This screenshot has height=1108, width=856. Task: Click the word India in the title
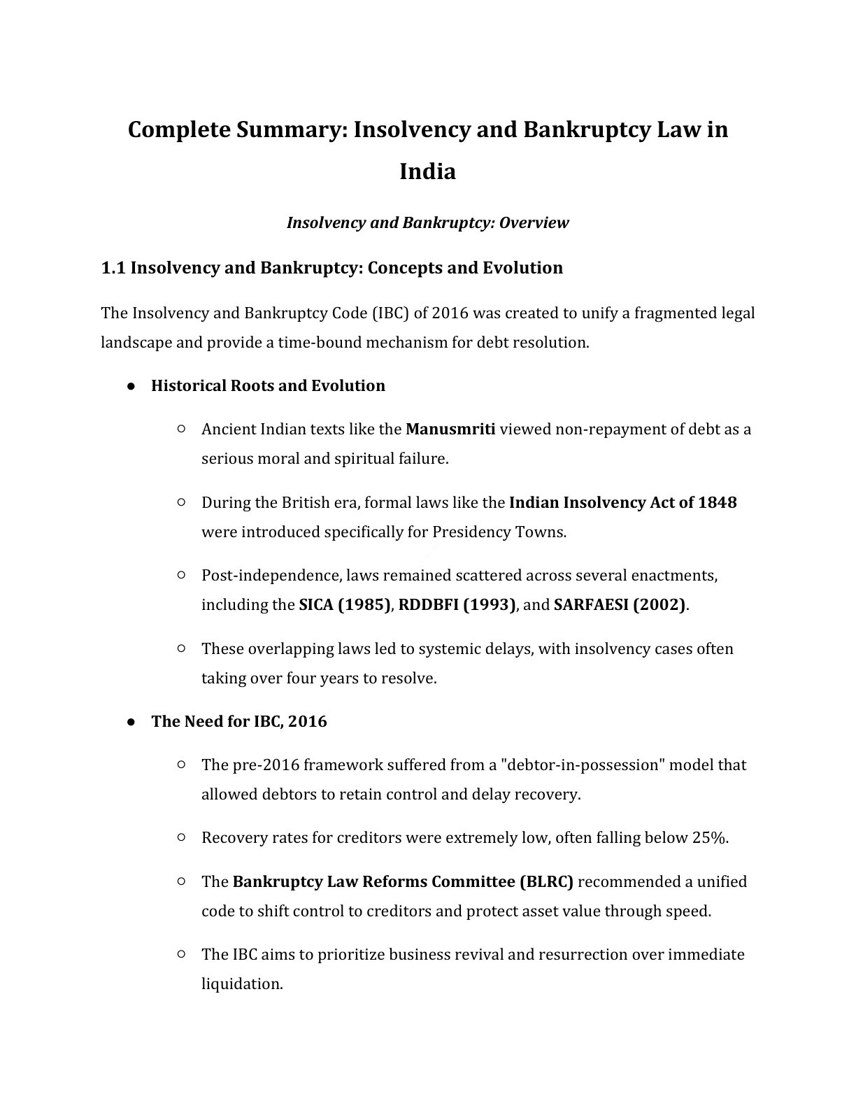pyautogui.click(x=427, y=171)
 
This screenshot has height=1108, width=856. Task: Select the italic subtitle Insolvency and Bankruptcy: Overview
pyautogui.click(x=427, y=223)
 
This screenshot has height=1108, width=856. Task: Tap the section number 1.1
pyautogui.click(x=113, y=268)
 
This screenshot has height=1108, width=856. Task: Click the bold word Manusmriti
pyautogui.click(x=450, y=429)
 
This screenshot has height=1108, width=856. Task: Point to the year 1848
pyautogui.click(x=717, y=502)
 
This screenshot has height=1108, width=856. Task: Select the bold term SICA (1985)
pyautogui.click(x=344, y=604)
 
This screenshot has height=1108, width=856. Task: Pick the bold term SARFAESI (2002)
pyautogui.click(x=620, y=604)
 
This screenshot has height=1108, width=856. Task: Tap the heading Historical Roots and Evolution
pyautogui.click(x=268, y=386)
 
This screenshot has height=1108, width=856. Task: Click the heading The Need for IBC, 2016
pyautogui.click(x=238, y=721)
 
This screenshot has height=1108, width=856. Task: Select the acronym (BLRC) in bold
pyautogui.click(x=546, y=881)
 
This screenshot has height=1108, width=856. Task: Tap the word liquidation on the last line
pyautogui.click(x=241, y=984)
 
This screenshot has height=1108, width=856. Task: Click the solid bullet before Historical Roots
pyautogui.click(x=131, y=386)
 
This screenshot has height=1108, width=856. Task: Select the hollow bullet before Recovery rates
pyautogui.click(x=181, y=837)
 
